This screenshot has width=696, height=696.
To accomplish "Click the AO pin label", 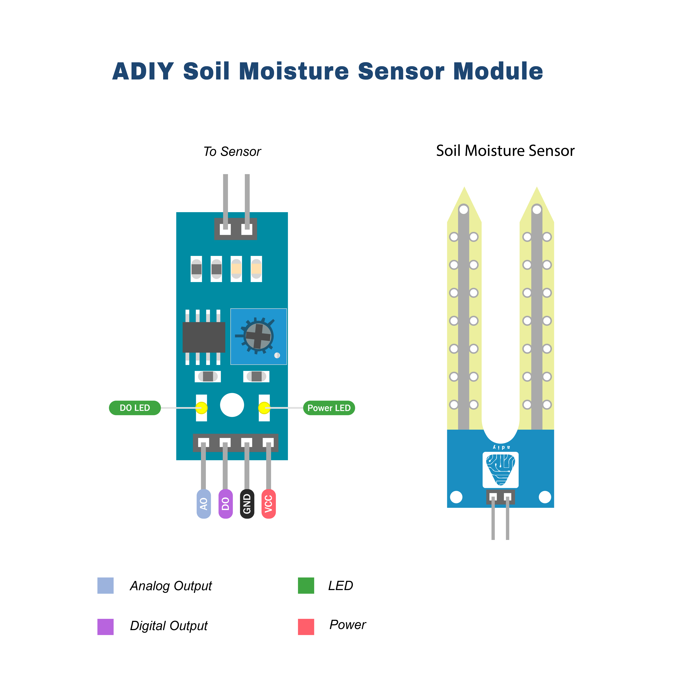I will pyautogui.click(x=203, y=504).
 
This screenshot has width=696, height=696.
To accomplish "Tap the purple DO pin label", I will pyautogui.click(x=225, y=504).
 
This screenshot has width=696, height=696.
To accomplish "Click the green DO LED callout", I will pyautogui.click(x=135, y=408).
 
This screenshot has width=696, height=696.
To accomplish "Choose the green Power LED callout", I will pyautogui.click(x=329, y=408).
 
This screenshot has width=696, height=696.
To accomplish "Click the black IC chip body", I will pyautogui.click(x=204, y=337).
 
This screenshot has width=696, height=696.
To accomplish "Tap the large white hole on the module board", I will pyautogui.click(x=232, y=405).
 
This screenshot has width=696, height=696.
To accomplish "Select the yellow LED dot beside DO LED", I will pyautogui.click(x=201, y=408).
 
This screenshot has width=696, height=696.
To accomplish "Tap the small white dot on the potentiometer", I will pyautogui.click(x=277, y=355).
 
